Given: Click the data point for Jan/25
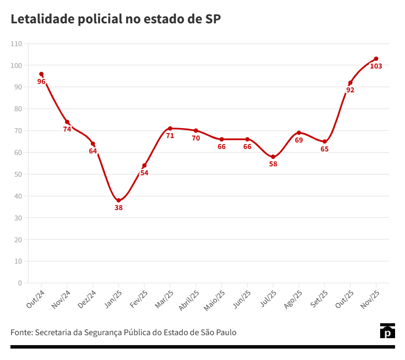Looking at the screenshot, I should point(118,201).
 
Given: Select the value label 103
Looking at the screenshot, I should point(376,66).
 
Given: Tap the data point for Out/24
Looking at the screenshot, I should point(41,74).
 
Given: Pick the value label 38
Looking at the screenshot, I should point(118,208).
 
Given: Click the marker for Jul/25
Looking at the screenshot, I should point(273,157).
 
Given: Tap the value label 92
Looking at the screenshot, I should point(350,90).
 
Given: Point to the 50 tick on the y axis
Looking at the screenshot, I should point(18,174).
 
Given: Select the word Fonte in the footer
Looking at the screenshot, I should point(21,332).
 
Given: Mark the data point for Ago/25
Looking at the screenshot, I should point(299,133).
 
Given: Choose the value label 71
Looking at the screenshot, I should point(170,136).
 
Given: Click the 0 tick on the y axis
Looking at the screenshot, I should point(20,283).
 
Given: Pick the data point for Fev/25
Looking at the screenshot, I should point(144,166).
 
